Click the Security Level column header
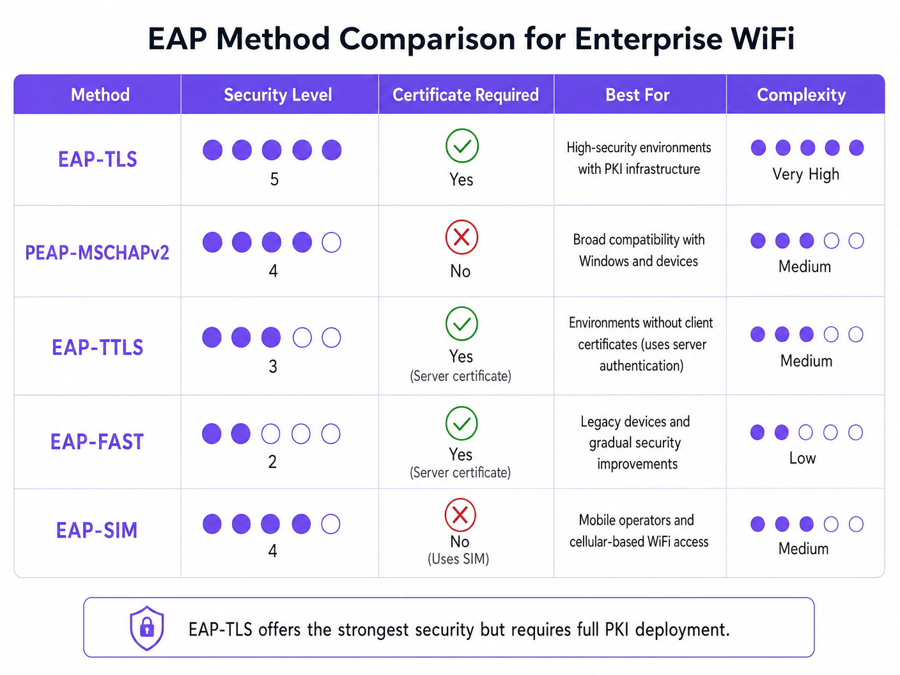coord(277,95)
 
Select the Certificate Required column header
coord(465,95)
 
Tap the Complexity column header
coord(801,95)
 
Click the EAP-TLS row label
coord(98,159)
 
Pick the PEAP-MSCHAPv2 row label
coord(97,252)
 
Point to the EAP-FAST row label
coord(97,442)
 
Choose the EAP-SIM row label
coord(97,531)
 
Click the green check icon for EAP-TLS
coord(462,146)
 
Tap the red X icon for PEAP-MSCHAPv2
coord(462,237)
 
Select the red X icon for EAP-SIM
coord(460,515)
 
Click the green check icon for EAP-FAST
coord(462,423)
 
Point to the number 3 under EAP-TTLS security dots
coord(273,366)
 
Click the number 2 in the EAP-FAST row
coord(272,462)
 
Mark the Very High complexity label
coord(805,175)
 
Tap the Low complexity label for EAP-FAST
coord(802,458)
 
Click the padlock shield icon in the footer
coord(147,628)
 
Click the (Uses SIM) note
coord(458,559)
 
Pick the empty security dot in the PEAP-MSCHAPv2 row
coord(331,242)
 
